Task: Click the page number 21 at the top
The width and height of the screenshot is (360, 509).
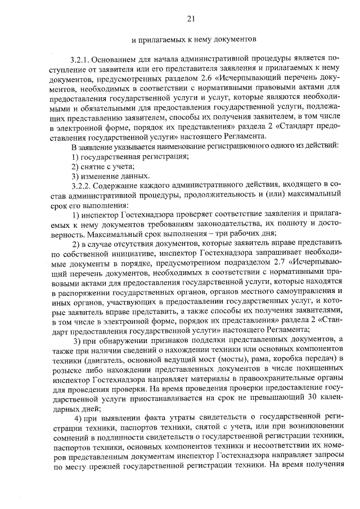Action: coord(191,20)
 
